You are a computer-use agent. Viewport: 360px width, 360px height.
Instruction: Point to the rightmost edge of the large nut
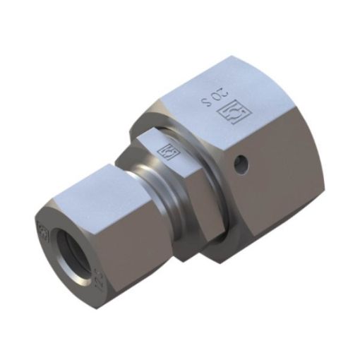325,162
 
